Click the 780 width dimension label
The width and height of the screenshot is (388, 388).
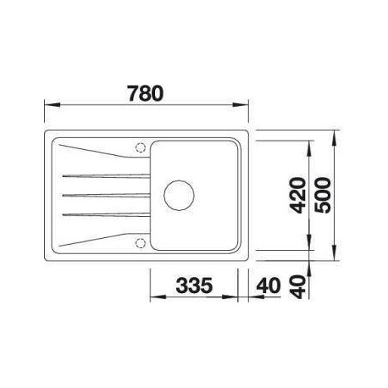pos(146,93)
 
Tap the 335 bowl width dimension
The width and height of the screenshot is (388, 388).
pos(194,285)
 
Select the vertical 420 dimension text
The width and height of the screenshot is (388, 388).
pos(298,195)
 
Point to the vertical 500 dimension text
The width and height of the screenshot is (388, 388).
pos(323,195)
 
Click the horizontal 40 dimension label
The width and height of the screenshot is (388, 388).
pos(269,285)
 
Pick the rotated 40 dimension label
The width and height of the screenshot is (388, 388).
pos(298,287)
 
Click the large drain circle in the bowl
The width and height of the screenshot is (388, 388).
pos(179,195)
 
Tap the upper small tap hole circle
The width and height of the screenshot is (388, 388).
pos(141,147)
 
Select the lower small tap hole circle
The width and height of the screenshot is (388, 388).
pos(141,243)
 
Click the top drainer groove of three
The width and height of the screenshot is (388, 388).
pos(106,176)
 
